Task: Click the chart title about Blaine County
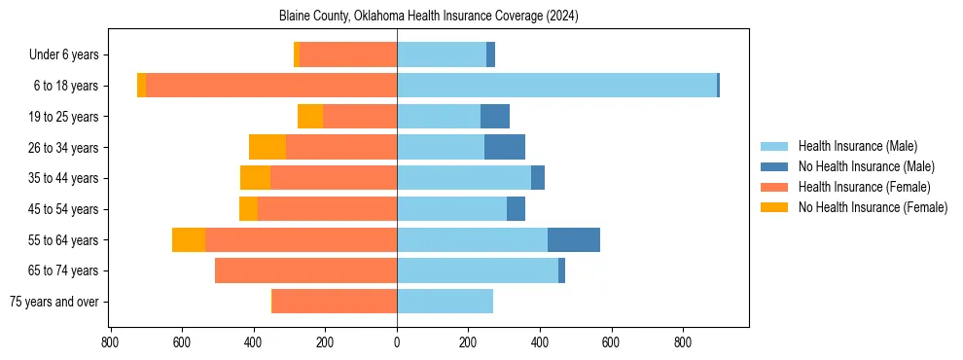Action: pos(429,17)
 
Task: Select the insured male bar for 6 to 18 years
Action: pos(556,86)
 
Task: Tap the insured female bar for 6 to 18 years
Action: pos(271,86)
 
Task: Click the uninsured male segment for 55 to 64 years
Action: pos(574,239)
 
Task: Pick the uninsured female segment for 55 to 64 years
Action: pos(189,239)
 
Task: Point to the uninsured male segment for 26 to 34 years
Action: pos(505,147)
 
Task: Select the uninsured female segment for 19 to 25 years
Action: pos(310,117)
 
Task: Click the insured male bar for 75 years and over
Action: pos(445,302)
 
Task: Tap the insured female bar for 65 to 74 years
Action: pos(305,270)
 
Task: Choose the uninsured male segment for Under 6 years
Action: pos(491,54)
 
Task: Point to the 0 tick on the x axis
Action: pos(397,342)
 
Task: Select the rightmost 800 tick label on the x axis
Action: pos(683,342)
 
